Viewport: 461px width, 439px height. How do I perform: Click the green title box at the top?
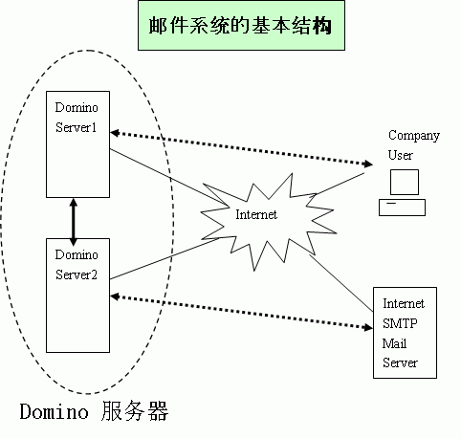point(241,25)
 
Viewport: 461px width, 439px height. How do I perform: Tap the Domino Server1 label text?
point(77,118)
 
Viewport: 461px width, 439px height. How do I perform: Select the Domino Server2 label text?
point(77,265)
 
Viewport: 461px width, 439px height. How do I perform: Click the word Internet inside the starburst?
point(256,214)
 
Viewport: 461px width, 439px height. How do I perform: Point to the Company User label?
point(413,144)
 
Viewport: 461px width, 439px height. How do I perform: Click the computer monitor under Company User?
point(405,182)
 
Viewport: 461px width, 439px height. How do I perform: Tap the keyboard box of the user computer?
point(402,208)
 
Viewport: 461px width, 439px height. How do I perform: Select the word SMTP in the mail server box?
point(400,323)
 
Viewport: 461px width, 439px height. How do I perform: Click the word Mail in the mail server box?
point(394,343)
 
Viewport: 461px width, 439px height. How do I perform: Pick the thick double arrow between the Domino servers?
point(74,222)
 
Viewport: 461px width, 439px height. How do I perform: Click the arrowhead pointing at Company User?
point(368,164)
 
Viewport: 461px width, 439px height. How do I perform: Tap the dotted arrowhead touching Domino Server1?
point(115,133)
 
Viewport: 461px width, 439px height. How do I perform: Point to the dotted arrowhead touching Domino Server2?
point(115,296)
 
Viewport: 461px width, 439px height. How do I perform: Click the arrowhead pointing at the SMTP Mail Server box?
point(368,327)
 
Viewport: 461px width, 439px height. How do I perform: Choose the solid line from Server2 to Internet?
point(165,258)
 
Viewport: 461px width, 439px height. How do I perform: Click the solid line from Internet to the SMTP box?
point(341,283)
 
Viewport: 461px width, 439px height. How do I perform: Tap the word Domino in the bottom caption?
point(54,411)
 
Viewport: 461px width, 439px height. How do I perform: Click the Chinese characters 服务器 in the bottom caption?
point(135,411)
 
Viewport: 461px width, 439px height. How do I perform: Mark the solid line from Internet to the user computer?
point(340,184)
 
